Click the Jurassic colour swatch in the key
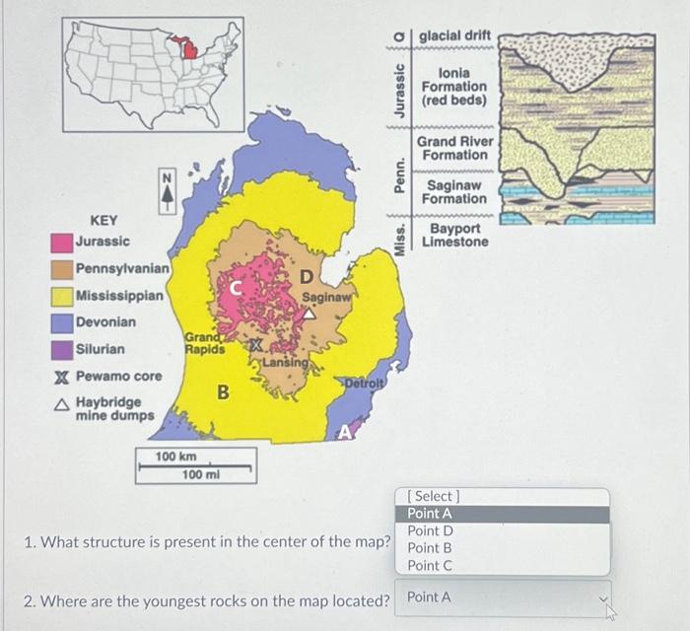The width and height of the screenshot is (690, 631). tap(61, 242)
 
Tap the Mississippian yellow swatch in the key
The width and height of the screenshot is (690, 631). tap(62, 296)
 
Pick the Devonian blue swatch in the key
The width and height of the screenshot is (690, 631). tap(62, 322)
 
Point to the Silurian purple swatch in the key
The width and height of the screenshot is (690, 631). tap(62, 349)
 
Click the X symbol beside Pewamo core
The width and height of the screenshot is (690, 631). tap(61, 377)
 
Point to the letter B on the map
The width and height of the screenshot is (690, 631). tap(224, 392)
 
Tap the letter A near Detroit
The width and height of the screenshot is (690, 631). tap(345, 432)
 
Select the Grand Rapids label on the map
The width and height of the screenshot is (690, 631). tap(205, 343)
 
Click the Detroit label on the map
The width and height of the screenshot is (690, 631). tap(364, 382)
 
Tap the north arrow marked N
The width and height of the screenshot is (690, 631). tap(168, 190)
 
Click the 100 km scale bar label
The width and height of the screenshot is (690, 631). tap(175, 457)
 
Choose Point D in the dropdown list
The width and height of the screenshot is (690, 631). tap(430, 531)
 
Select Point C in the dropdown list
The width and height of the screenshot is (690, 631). tap(430, 565)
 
